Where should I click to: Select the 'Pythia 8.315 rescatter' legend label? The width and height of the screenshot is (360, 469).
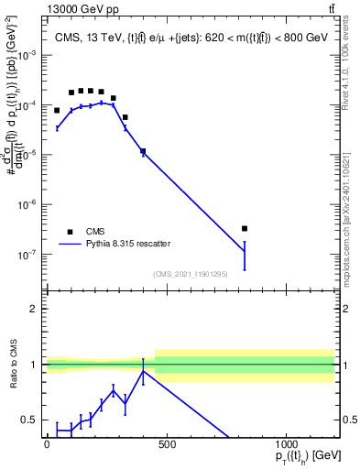click(132, 245)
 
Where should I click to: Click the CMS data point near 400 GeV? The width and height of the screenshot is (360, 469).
click(143, 151)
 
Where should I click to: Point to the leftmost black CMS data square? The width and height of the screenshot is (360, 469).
click(57, 110)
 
